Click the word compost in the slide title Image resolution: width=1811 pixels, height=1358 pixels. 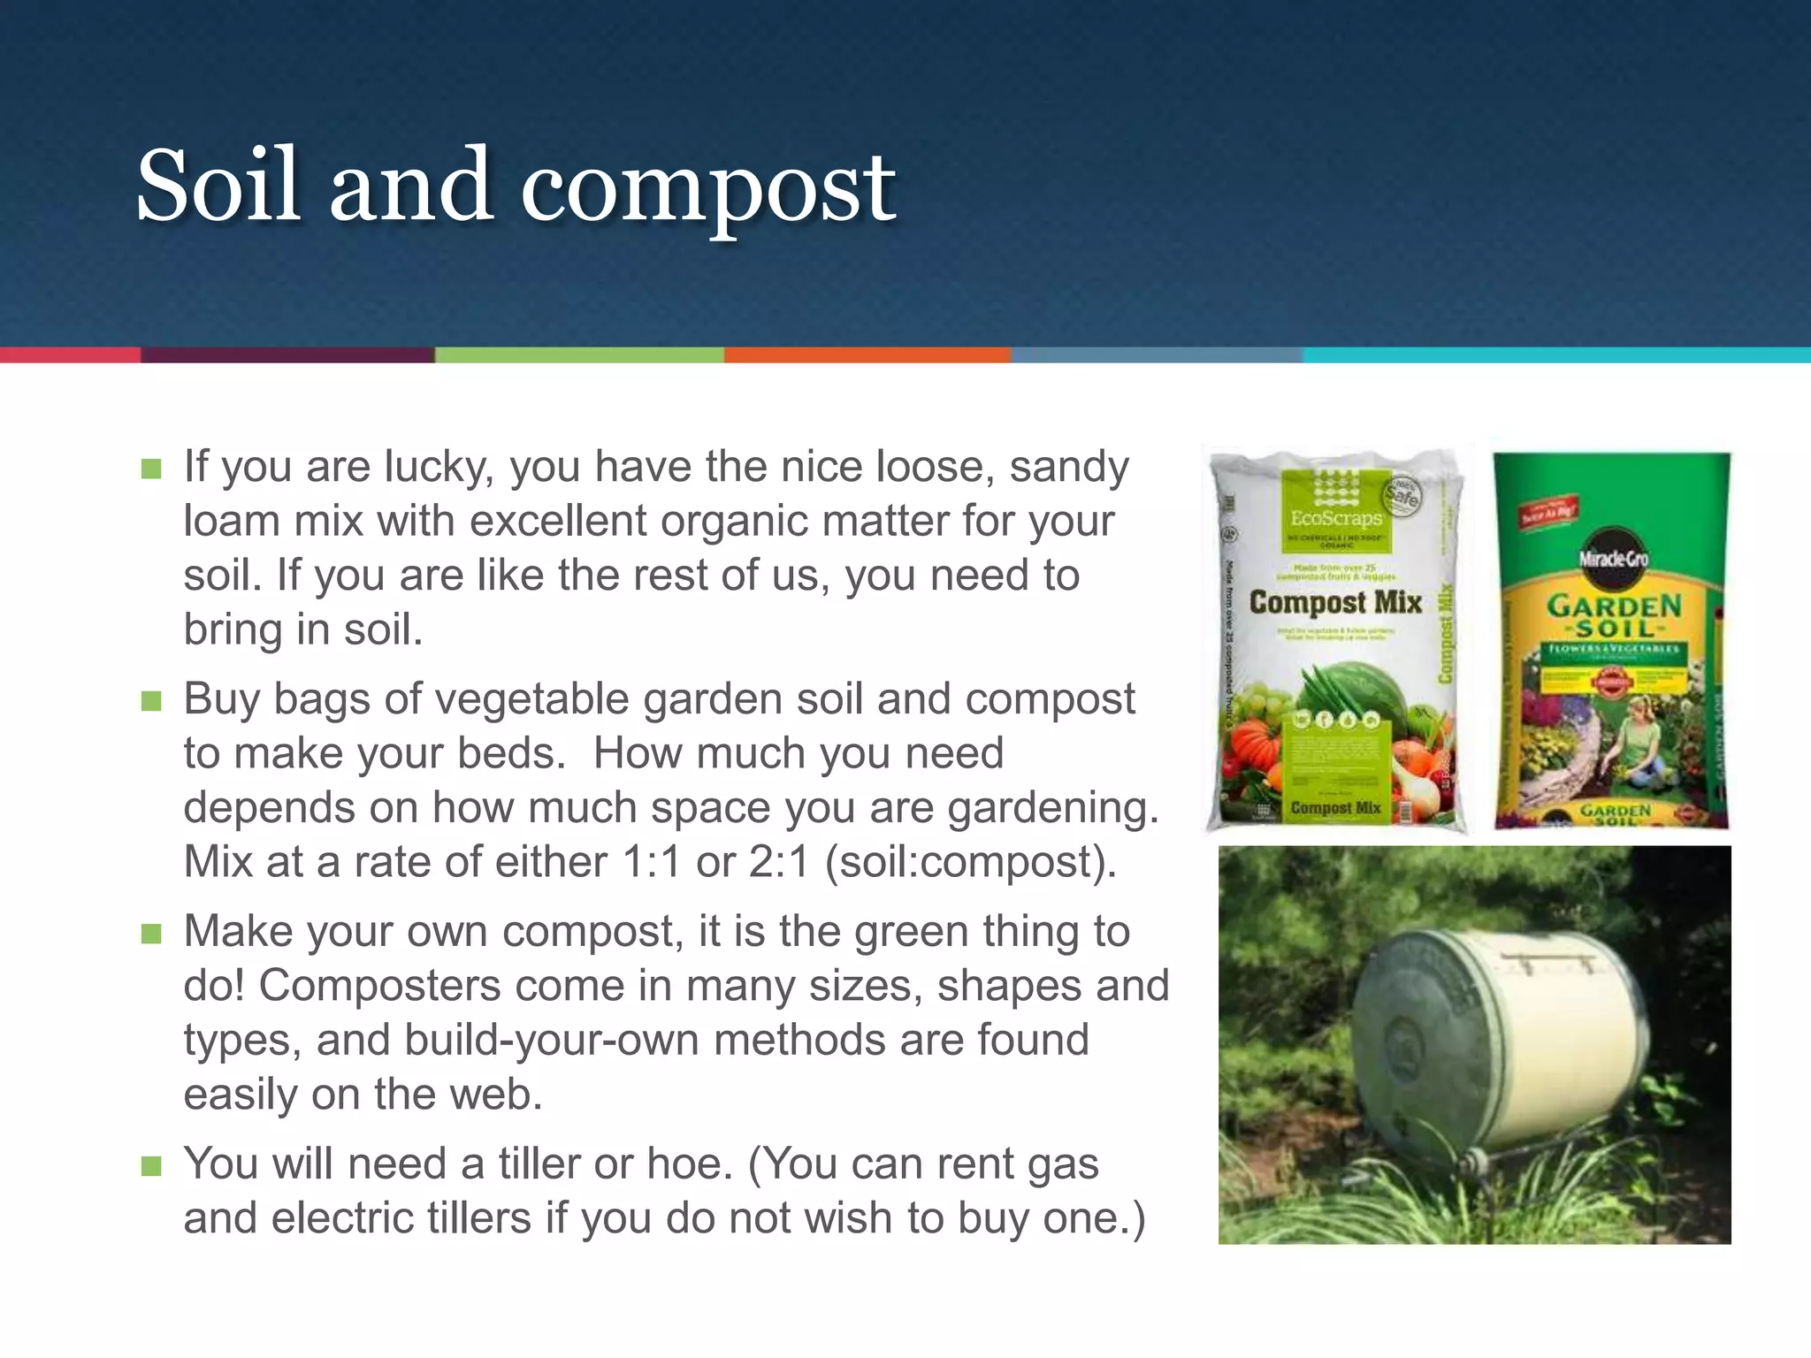click(707, 190)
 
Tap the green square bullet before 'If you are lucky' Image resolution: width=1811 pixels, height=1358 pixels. click(151, 469)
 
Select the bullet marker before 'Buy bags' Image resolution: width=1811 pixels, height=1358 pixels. click(151, 701)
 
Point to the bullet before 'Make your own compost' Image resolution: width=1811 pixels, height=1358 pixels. click(151, 934)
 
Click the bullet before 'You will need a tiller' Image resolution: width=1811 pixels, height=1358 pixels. click(151, 1166)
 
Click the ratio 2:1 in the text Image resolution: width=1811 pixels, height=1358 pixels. click(778, 862)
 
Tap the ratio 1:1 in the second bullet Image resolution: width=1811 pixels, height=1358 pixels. click(652, 862)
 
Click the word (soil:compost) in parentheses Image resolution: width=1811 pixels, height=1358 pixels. click(970, 862)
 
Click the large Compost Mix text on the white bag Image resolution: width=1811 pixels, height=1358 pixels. click(1334, 603)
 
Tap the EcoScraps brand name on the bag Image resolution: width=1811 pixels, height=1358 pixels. click(1335, 518)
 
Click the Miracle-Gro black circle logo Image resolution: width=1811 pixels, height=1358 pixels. click(1613, 558)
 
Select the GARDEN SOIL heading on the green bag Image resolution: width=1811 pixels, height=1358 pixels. click(1614, 616)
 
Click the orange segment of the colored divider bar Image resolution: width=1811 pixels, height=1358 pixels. click(867, 355)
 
